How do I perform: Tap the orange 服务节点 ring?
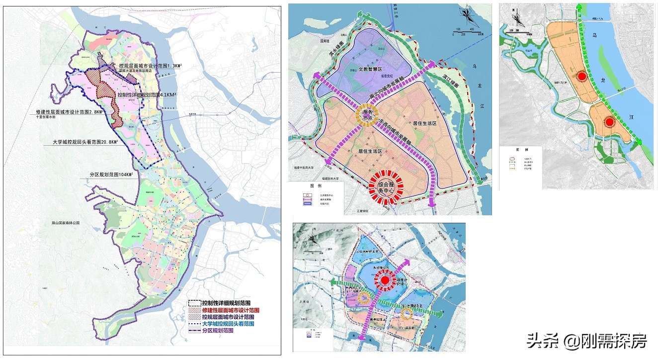pyautogui.click(x=367, y=114)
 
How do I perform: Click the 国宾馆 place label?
pyautogui.click(x=325, y=41)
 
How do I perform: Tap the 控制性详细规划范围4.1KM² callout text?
pyautogui.click(x=147, y=94)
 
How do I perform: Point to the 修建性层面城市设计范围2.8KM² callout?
pyautogui.click(x=70, y=112)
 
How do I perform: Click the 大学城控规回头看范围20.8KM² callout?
pyautogui.click(x=86, y=142)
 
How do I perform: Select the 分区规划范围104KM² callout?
pyautogui.click(x=108, y=175)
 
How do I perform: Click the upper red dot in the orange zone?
pyautogui.click(x=581, y=76)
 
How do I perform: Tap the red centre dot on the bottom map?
pyautogui.click(x=385, y=281)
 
